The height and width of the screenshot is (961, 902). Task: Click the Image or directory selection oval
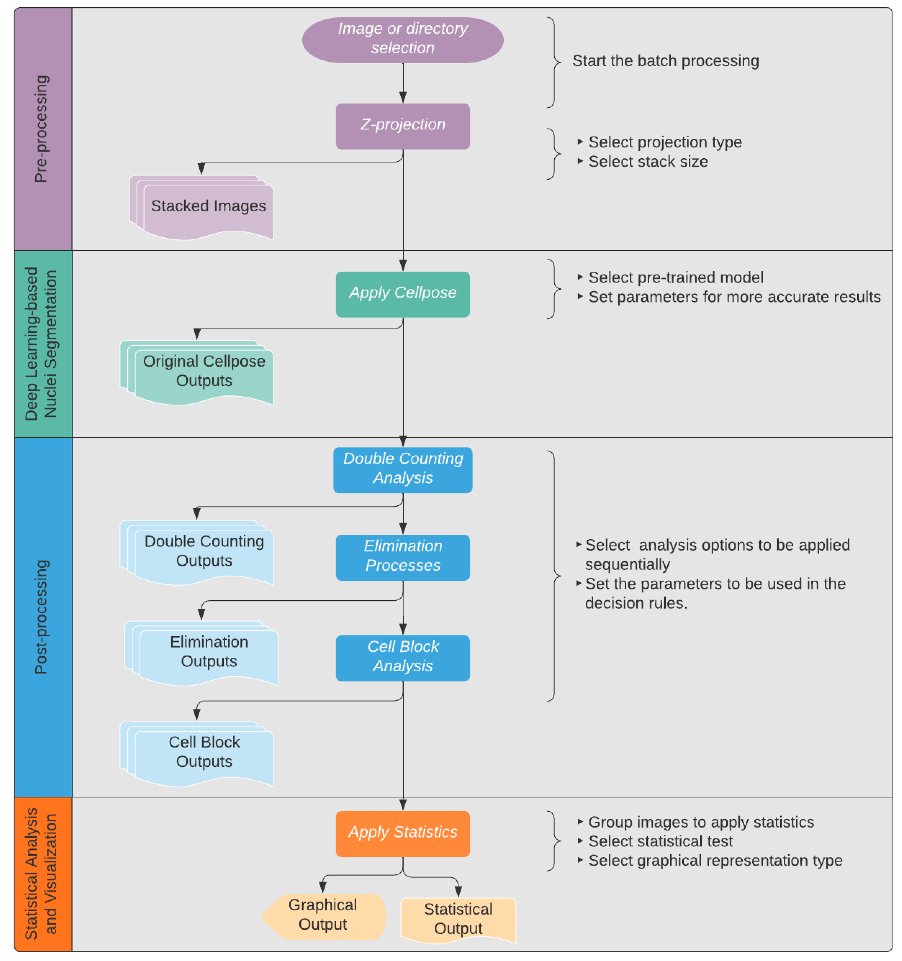tap(402, 40)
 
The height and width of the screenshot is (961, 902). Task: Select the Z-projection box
tap(402, 126)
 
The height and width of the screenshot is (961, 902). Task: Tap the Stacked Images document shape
tap(208, 208)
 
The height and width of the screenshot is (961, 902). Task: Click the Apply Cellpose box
tap(402, 294)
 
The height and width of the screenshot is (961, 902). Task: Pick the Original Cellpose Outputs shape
tap(204, 372)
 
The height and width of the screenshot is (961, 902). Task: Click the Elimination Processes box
tap(402, 557)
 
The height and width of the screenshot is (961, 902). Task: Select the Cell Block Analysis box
tap(402, 657)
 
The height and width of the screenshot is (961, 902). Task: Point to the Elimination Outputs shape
tap(209, 652)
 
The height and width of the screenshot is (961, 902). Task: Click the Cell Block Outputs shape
tap(204, 753)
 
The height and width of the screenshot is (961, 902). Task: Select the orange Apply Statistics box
tap(402, 833)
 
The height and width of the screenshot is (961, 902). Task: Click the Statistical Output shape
tap(458, 919)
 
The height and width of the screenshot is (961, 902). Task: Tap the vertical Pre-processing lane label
tap(42, 129)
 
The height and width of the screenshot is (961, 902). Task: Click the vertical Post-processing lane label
tap(42, 617)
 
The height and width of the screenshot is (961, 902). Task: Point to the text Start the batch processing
tap(665, 61)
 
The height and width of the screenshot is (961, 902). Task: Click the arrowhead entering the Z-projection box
tap(402, 98)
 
